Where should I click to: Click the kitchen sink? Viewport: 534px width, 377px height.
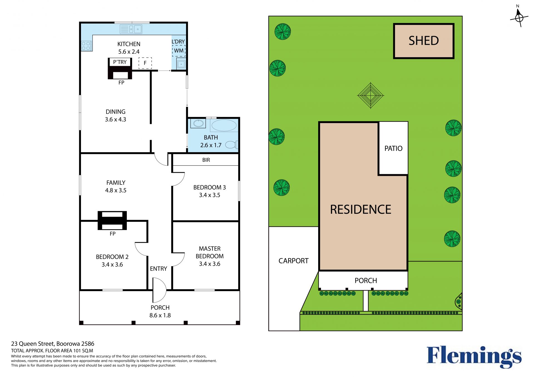131,29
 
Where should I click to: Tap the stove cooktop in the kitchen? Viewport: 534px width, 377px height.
86,46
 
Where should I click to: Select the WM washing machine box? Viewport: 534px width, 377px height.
179,51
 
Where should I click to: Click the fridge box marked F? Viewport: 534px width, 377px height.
145,63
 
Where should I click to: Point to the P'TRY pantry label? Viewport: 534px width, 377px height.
120,62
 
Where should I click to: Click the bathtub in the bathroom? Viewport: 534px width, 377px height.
224,125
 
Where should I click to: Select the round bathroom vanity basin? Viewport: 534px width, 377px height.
198,123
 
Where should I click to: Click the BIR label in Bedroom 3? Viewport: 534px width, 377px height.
206,160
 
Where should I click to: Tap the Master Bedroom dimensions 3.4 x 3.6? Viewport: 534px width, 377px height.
209,264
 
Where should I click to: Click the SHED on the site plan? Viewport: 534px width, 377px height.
424,41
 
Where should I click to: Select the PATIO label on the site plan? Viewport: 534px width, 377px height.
393,148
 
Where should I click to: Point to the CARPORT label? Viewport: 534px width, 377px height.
293,261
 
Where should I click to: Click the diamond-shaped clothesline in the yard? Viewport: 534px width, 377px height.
370,95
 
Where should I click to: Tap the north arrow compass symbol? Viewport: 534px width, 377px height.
519,17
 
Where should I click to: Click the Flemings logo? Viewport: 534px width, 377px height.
474,357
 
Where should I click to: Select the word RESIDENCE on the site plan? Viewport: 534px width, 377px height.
360,209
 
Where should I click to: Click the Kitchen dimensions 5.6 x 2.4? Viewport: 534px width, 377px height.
129,52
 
